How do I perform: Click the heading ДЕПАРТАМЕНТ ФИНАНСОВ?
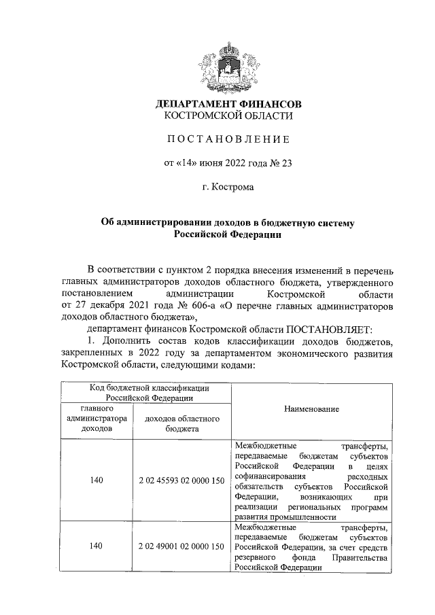228,105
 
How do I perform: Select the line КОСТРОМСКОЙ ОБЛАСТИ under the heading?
228,116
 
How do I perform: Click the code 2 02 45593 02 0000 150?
181,480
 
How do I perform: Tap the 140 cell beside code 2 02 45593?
97,480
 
